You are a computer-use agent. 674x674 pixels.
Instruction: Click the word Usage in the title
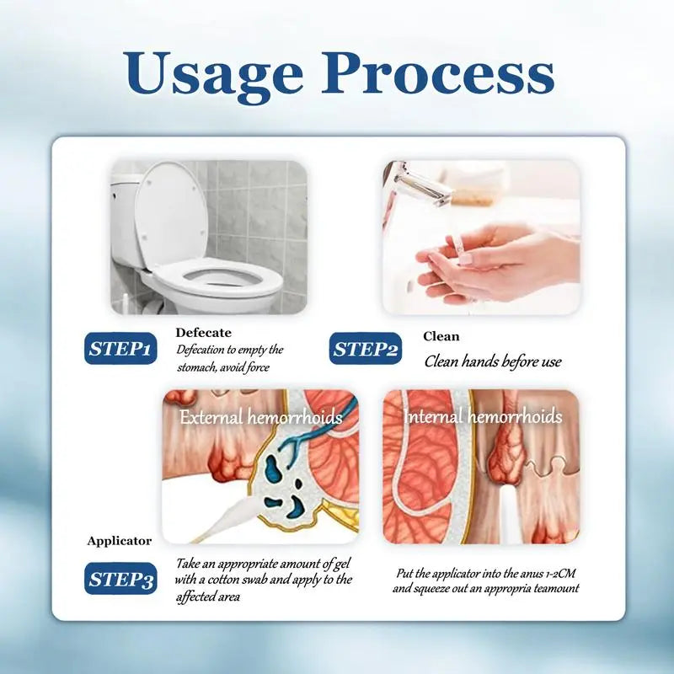(215, 74)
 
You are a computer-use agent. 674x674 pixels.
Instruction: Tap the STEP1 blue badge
(120, 349)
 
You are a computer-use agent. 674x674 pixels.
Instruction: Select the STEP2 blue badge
(366, 349)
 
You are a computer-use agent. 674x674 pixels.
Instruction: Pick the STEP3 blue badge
(120, 579)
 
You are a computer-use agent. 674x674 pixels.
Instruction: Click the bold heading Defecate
(203, 333)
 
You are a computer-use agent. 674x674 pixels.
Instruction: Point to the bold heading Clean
(441, 336)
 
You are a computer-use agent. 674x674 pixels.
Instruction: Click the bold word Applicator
(120, 541)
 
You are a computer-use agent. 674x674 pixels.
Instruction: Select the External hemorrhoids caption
(260, 417)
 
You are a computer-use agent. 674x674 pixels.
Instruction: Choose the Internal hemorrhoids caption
(483, 416)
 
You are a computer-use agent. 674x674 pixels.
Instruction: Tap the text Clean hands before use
(493, 361)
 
